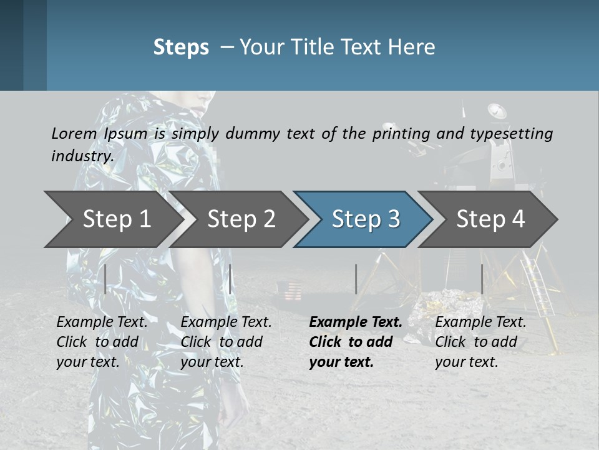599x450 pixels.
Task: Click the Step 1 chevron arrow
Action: pyautogui.click(x=112, y=219)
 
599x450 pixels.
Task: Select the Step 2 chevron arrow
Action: pyautogui.click(x=240, y=219)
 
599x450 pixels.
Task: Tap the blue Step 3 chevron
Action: pyautogui.click(x=365, y=219)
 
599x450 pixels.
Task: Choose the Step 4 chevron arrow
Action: pyautogui.click(x=490, y=219)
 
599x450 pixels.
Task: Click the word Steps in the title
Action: pyautogui.click(x=181, y=47)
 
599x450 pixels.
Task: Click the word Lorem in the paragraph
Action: pyautogui.click(x=74, y=133)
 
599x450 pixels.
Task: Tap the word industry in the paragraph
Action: pyautogui.click(x=82, y=156)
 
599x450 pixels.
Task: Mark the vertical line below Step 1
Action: pyautogui.click(x=105, y=279)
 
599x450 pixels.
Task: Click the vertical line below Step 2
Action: pyautogui.click(x=230, y=279)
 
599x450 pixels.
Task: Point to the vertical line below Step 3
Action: pyautogui.click(x=356, y=279)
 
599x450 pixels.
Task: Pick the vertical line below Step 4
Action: pyautogui.click(x=482, y=279)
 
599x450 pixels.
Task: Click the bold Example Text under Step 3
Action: pyautogui.click(x=356, y=322)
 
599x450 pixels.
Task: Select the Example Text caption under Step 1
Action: pyautogui.click(x=102, y=322)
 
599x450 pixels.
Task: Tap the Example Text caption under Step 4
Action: pyautogui.click(x=480, y=322)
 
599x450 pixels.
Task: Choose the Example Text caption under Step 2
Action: pyautogui.click(x=226, y=322)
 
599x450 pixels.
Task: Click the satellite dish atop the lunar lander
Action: pyautogui.click(x=497, y=111)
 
